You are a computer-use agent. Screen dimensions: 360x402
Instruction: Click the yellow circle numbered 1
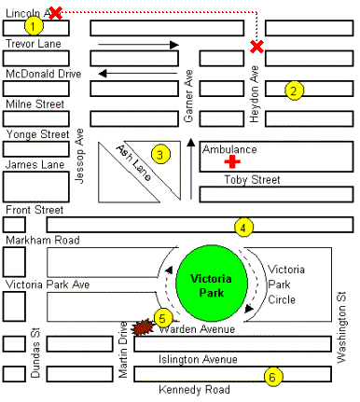[34, 26]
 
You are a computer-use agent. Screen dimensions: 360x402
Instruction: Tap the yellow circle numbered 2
[294, 90]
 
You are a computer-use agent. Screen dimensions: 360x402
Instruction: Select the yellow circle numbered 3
[160, 155]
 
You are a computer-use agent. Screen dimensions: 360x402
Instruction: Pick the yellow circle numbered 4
[243, 228]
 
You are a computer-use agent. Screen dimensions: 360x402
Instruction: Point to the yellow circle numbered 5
[163, 318]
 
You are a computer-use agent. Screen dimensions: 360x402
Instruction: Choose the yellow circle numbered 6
[273, 377]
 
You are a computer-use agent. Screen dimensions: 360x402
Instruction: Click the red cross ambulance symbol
[232, 161]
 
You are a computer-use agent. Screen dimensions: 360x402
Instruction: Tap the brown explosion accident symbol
[143, 327]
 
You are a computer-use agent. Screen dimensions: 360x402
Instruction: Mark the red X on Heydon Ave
[257, 47]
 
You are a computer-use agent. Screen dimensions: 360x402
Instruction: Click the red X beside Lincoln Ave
[55, 13]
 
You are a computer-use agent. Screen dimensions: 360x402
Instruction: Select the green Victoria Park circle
[212, 283]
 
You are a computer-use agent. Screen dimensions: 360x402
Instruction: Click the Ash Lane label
[134, 162]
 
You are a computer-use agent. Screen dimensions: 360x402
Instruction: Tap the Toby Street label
[252, 180]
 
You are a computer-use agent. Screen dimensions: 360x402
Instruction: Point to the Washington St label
[341, 327]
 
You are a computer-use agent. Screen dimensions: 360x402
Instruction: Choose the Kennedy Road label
[194, 389]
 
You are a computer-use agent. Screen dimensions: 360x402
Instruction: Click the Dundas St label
[35, 353]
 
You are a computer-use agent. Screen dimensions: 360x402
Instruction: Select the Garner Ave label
[188, 96]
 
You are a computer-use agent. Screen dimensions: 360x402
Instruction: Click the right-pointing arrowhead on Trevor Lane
[174, 45]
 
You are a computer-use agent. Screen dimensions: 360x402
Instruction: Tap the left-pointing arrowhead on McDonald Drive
[103, 74]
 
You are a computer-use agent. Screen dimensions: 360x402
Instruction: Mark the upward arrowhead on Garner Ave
[191, 143]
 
